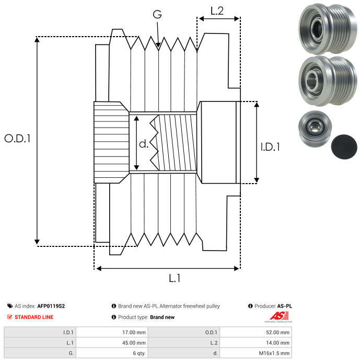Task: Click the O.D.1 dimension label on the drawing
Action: (18, 139)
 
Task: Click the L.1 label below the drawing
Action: (175, 279)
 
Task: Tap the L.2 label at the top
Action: (217, 11)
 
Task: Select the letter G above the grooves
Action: (157, 15)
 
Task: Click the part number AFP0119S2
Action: (51, 306)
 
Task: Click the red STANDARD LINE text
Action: (33, 317)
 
